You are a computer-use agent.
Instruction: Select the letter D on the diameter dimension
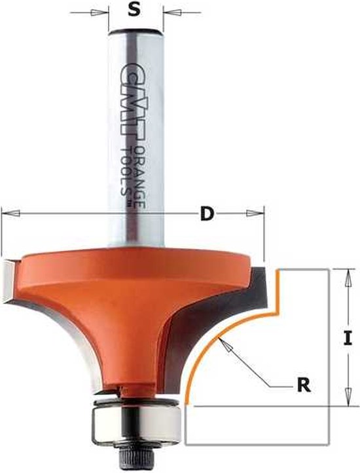(x=206, y=214)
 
